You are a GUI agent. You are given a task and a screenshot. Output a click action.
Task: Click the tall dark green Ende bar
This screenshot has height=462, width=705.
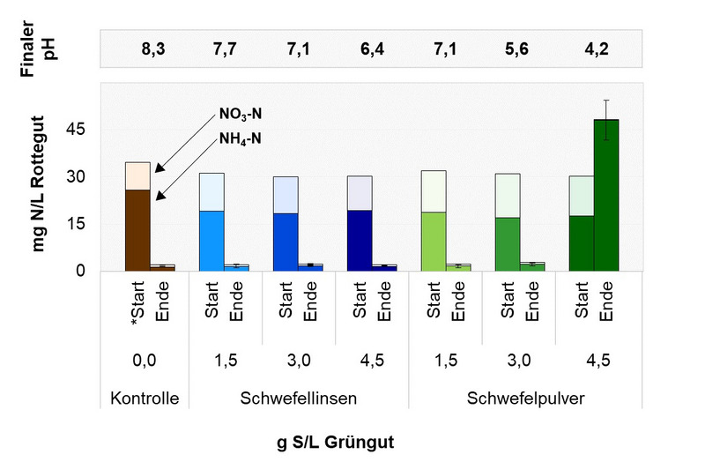coord(606,195)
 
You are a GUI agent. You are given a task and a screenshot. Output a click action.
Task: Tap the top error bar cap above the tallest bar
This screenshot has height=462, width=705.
coord(606,101)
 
